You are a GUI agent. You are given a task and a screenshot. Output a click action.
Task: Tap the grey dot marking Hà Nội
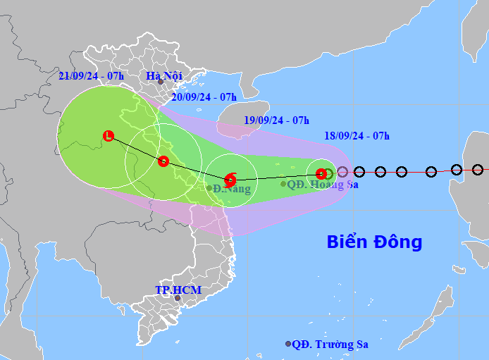click(x=161, y=82)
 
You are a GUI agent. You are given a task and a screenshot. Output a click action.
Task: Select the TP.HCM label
click(x=178, y=290)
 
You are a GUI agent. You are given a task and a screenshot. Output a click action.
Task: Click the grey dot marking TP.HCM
click(x=178, y=298)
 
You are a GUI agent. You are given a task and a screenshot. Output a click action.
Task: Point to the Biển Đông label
click(x=374, y=242)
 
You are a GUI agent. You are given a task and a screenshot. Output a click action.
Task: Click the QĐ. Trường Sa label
click(x=330, y=344)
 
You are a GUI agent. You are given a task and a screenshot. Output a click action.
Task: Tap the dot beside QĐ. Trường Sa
click(x=288, y=344)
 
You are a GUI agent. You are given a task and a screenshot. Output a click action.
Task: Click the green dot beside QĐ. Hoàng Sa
click(x=283, y=184)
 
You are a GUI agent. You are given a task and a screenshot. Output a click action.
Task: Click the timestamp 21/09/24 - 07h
click(x=91, y=75)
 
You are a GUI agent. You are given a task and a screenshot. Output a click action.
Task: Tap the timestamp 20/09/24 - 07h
click(x=204, y=97)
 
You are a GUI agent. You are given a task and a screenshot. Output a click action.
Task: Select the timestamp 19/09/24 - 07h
click(x=276, y=120)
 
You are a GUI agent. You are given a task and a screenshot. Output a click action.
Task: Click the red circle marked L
click(x=108, y=135)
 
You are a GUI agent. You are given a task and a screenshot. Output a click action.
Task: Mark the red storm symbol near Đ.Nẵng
click(x=230, y=179)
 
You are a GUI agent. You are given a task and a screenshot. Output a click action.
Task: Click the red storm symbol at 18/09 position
click(x=321, y=173)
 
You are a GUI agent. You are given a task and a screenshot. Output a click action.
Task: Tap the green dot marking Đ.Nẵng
click(x=209, y=188)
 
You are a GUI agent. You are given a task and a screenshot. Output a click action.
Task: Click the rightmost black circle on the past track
click(x=478, y=170)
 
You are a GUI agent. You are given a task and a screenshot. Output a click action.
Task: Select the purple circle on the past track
click(x=342, y=171)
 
